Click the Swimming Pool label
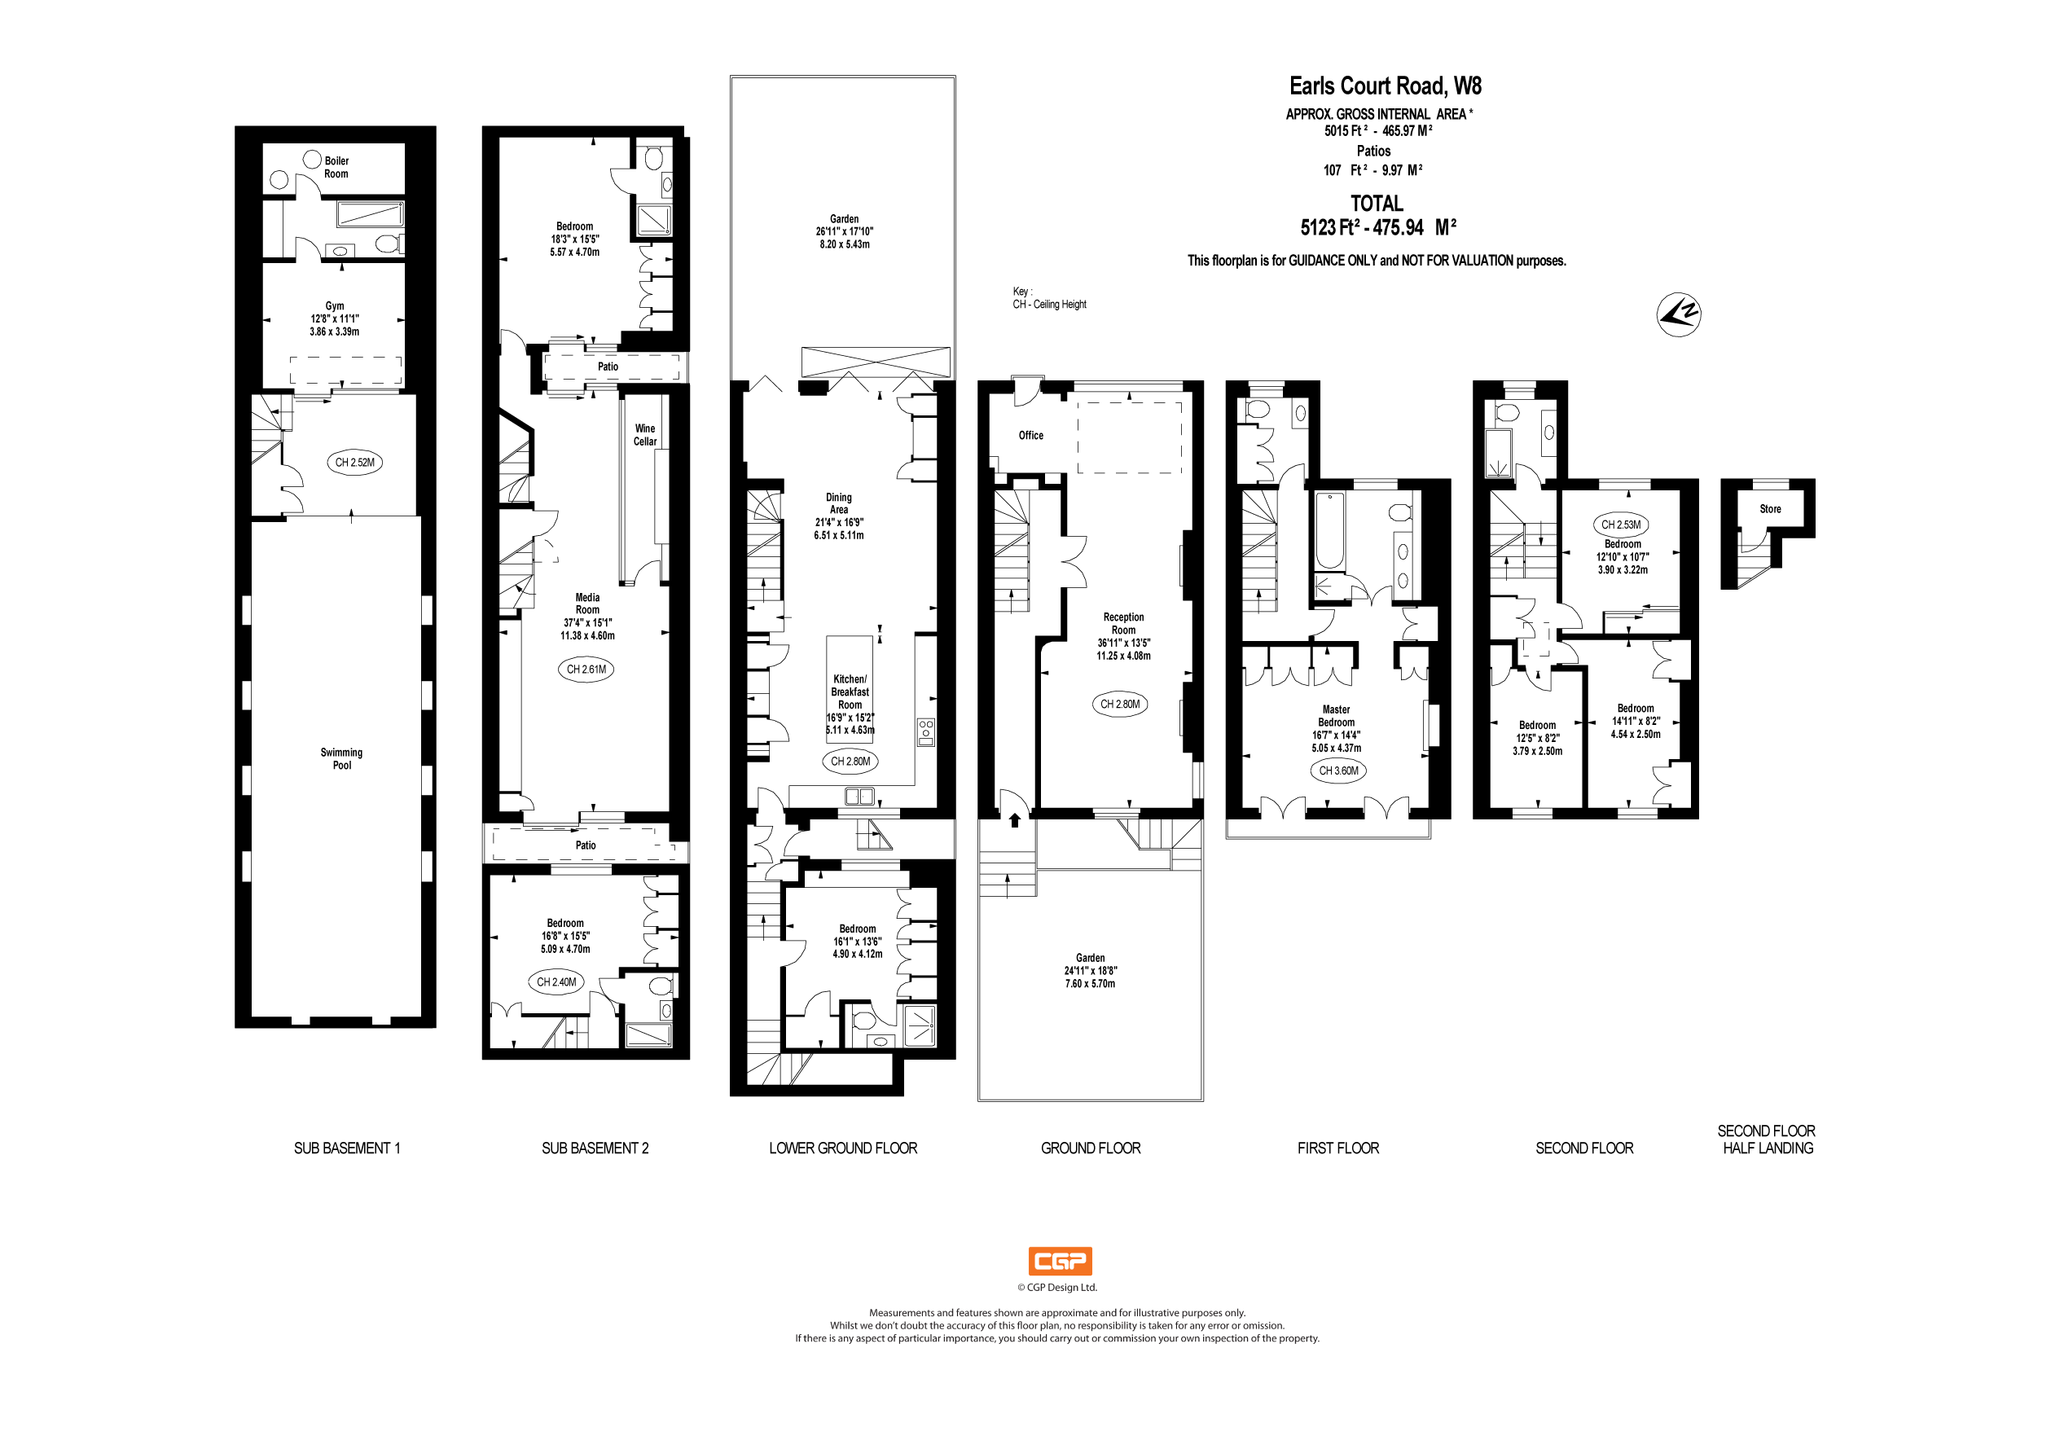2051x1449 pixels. click(x=341, y=758)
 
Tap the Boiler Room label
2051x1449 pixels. click(x=336, y=167)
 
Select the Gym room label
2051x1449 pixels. click(x=334, y=306)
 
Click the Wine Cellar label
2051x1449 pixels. click(x=645, y=435)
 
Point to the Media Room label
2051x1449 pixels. click(x=587, y=604)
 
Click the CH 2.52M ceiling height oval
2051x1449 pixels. click(x=354, y=462)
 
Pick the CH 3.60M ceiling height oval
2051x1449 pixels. click(x=1338, y=770)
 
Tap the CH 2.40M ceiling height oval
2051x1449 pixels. click(x=556, y=981)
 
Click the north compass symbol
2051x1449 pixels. click(x=1679, y=314)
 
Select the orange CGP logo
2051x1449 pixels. click(x=1060, y=1261)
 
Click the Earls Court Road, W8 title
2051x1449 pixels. click(x=1385, y=86)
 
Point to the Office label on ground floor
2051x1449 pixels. click(x=1031, y=435)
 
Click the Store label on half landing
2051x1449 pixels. click(x=1770, y=509)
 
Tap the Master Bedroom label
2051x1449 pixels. click(x=1337, y=716)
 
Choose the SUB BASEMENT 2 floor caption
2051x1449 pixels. click(x=595, y=1148)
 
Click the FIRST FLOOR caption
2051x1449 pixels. click(x=1337, y=1148)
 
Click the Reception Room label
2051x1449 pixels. click(x=1123, y=624)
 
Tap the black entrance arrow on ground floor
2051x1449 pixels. click(x=1015, y=819)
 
